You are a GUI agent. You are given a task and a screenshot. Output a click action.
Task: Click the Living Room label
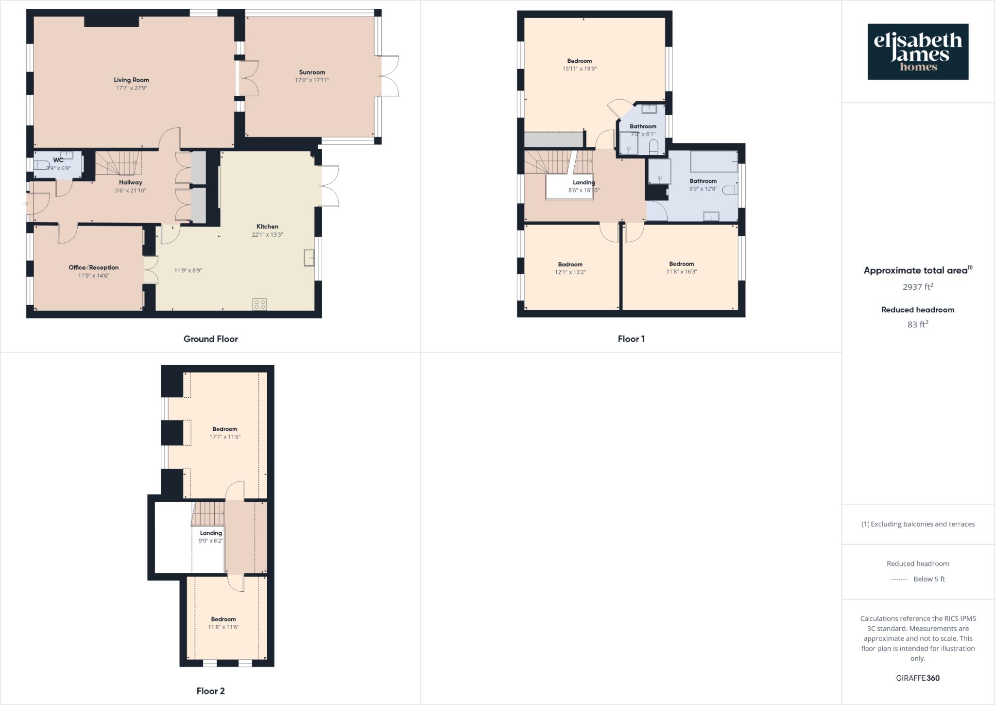pos(131,80)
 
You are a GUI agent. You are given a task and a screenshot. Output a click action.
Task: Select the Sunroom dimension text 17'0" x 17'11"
pos(312,80)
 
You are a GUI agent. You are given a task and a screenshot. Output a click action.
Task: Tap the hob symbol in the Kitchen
pos(259,304)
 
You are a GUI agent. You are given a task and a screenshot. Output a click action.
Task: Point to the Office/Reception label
pos(93,267)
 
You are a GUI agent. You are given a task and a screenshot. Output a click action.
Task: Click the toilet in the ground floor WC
pos(42,165)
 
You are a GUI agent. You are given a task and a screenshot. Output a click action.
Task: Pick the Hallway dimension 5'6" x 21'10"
pos(130,191)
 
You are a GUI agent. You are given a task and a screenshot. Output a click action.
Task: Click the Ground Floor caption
pos(210,339)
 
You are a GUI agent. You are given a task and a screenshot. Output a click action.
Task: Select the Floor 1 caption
pos(631,339)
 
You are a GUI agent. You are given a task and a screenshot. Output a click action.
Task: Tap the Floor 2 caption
pos(210,691)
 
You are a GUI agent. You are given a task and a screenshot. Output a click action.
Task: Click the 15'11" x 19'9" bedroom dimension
pos(580,69)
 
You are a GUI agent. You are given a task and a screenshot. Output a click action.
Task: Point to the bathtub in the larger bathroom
pos(714,162)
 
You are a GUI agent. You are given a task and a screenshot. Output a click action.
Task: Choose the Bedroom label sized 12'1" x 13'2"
pos(570,264)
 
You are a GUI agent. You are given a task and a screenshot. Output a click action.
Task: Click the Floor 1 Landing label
pos(583,182)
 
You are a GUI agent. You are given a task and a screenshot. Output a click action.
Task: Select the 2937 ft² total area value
pos(917,287)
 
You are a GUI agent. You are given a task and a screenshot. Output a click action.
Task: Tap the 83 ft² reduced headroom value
pos(917,324)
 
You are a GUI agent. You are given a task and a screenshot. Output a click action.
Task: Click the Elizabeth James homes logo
pos(918,52)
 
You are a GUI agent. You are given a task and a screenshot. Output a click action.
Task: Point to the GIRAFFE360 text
pos(917,678)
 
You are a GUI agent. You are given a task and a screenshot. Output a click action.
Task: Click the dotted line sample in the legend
pos(899,579)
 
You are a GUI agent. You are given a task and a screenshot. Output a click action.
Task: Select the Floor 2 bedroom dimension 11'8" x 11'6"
pos(223,627)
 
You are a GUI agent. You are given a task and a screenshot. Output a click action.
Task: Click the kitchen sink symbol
pos(309,257)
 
